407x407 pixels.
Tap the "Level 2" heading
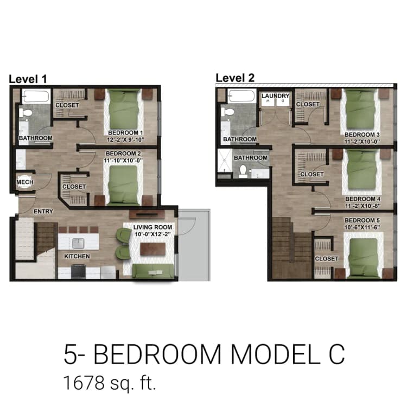(x=235, y=78)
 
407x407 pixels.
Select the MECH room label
(x=24, y=182)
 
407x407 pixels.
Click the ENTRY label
(x=43, y=211)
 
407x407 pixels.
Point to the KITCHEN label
(x=77, y=256)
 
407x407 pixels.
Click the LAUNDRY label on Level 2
(x=276, y=96)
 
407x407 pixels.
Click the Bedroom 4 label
(x=363, y=199)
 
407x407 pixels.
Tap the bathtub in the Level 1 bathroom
(x=36, y=97)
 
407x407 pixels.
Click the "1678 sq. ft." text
(x=110, y=383)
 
